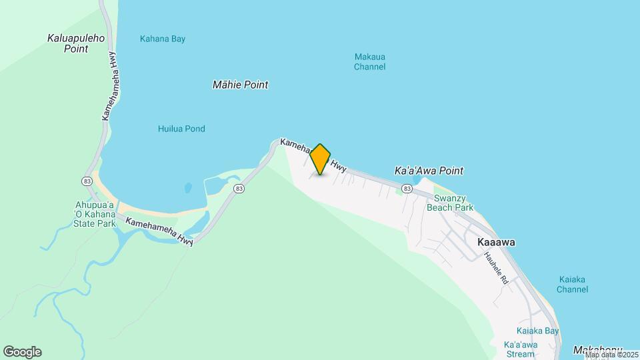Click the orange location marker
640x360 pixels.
(x=320, y=159)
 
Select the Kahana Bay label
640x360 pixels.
(x=163, y=39)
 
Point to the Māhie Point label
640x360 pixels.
(x=240, y=85)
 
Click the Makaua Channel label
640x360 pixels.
(x=369, y=62)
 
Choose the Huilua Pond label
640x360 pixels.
(x=181, y=129)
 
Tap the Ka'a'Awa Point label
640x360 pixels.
(x=429, y=171)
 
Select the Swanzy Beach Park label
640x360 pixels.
(x=453, y=203)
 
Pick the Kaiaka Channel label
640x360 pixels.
(x=573, y=285)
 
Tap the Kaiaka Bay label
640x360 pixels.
(x=537, y=331)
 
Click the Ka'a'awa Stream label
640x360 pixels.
(x=521, y=349)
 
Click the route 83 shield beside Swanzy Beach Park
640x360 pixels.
(x=407, y=189)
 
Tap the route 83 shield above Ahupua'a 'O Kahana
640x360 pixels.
(x=87, y=181)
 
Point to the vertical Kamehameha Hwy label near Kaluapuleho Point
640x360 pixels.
(x=109, y=86)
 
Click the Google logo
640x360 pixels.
(x=22, y=352)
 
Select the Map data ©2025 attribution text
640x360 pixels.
(x=611, y=355)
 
